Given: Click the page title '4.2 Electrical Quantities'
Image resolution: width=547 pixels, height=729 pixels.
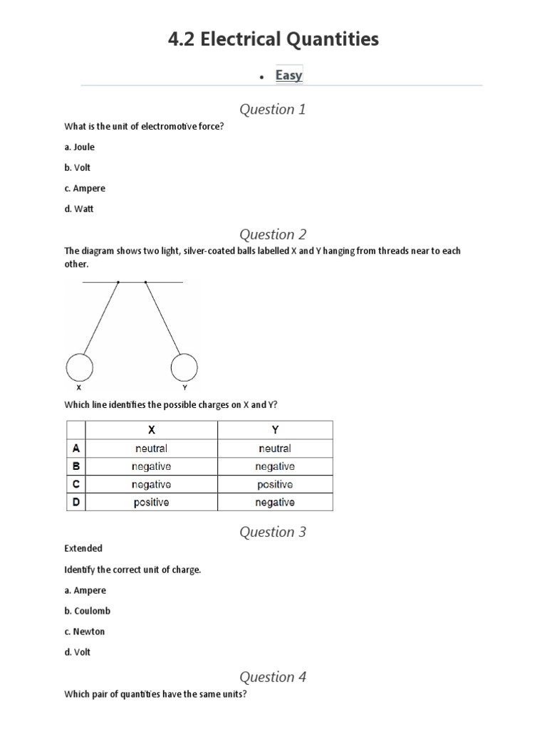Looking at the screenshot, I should [x=273, y=40].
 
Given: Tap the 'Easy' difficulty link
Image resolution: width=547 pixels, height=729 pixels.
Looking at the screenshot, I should [x=288, y=75].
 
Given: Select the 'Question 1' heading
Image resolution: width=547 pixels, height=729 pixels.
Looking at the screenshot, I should [x=273, y=109].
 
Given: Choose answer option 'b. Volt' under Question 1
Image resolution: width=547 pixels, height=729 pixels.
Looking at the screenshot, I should [x=78, y=167].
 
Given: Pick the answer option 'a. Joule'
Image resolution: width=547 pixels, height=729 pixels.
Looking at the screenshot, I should [x=79, y=147].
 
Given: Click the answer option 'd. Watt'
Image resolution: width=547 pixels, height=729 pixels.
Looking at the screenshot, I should [x=78, y=209].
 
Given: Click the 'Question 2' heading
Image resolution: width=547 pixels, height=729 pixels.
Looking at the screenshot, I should [x=273, y=234].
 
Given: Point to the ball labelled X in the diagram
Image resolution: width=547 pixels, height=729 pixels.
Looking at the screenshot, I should [x=79, y=367].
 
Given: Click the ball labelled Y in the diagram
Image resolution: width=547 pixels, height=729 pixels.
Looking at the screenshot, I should [x=184, y=367].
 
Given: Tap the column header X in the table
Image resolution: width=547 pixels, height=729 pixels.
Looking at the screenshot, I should [x=151, y=430].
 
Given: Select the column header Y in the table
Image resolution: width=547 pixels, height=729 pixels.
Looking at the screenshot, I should [x=275, y=430].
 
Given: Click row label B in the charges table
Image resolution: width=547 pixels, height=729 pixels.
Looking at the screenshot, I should [x=75, y=466].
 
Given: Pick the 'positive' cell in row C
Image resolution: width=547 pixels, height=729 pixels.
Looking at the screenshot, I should [x=275, y=484].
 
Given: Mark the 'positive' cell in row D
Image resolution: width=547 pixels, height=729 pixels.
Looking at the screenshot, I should [x=151, y=502].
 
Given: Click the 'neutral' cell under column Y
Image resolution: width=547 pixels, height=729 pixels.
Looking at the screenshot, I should [x=275, y=449].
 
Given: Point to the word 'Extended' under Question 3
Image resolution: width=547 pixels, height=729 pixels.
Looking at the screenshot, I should [x=83, y=548].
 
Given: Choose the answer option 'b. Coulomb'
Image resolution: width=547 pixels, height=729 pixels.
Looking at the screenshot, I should [x=88, y=611].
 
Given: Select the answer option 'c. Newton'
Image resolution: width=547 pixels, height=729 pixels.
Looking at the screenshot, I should [x=85, y=631].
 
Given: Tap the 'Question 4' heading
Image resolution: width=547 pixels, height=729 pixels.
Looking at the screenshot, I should [x=273, y=677].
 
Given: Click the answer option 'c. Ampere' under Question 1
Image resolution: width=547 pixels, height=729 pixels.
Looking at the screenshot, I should [x=85, y=188].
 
